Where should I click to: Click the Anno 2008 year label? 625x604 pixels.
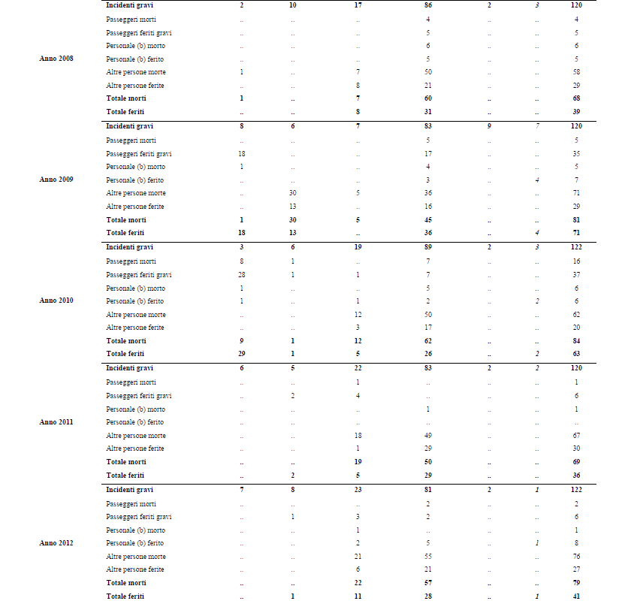(56, 59)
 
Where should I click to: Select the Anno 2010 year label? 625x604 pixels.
(56, 300)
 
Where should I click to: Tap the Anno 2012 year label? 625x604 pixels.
(56, 543)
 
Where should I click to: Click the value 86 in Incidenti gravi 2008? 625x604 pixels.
(427, 5)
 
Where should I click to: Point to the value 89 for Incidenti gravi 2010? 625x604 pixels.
(427, 247)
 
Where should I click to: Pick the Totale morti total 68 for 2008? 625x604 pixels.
(576, 98)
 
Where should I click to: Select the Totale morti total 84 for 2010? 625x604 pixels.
(576, 340)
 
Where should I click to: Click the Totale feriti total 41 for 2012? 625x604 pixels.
(576, 596)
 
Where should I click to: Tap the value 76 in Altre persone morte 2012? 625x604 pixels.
(576, 557)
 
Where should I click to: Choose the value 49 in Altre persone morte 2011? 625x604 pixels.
(427, 436)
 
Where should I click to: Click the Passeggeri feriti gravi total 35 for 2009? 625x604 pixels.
(576, 153)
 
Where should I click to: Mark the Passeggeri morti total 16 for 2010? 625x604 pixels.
(576, 261)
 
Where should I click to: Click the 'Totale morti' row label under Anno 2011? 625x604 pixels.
(126, 462)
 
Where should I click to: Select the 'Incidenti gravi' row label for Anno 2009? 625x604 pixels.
(129, 126)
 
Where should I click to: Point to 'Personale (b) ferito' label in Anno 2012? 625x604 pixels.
(135, 543)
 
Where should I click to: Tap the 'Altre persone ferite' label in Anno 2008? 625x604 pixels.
(135, 86)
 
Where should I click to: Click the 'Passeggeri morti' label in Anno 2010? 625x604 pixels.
(131, 261)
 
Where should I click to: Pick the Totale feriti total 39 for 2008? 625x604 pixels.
(576, 112)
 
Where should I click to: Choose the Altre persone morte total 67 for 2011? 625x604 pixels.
(576, 436)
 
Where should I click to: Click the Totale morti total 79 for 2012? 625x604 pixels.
(576, 583)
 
